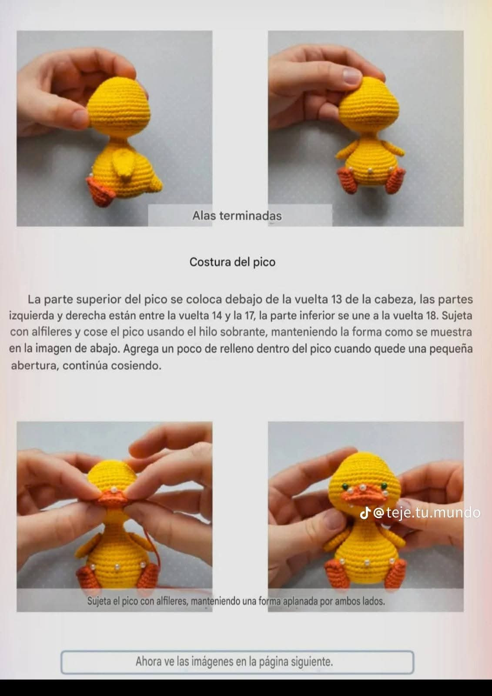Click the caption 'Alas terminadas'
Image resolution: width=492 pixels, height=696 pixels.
237,216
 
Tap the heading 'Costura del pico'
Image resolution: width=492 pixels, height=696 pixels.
232,262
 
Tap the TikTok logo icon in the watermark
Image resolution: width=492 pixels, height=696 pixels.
365,513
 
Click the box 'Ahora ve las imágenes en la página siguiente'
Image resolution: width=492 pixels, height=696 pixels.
237,662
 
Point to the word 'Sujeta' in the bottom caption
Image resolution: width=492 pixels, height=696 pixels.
98,602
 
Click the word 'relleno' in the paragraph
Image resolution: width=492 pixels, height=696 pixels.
241,349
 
